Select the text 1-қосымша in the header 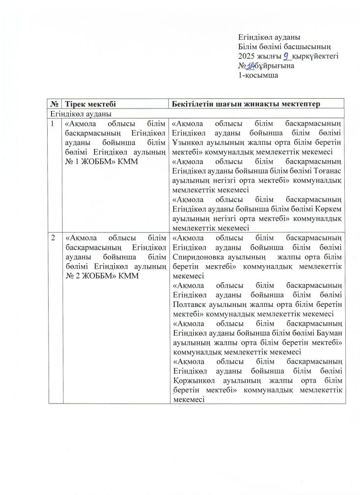point(258,76)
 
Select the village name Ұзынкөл point(188,143)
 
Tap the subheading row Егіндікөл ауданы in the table point(74,113)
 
